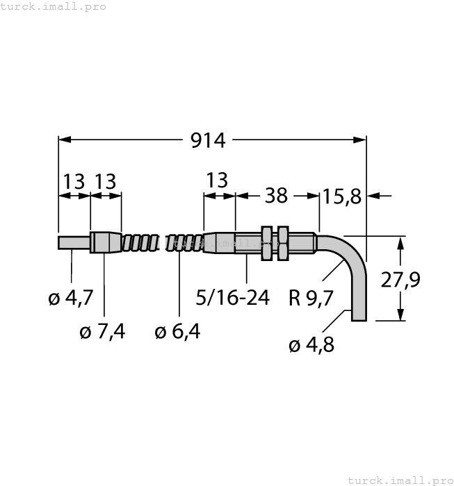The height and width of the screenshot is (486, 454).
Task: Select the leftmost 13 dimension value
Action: pos(74,182)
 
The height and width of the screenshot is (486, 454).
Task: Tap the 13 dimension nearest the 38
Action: pos(217,181)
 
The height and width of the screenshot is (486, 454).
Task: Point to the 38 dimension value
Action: pos(276,196)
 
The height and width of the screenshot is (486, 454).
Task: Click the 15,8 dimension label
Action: pos(341,196)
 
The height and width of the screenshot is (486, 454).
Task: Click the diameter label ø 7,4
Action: pos(103,332)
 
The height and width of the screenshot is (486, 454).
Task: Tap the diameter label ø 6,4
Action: pos(177,332)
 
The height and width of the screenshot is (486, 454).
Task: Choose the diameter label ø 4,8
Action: pos(311,344)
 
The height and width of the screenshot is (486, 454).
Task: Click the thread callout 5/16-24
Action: pos(233,299)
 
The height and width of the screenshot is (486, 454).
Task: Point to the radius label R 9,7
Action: pos(311,299)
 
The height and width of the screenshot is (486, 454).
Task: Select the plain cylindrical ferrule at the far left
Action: pos(74,243)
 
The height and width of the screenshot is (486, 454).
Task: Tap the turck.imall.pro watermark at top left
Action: pos(54,6)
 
